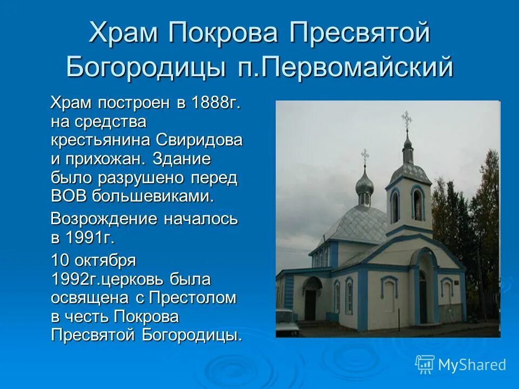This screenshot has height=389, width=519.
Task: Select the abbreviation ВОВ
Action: tap(69, 196)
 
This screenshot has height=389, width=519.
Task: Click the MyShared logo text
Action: tap(471, 365)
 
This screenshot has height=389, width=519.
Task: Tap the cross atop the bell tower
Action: tap(407, 119)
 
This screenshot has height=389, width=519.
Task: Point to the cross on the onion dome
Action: tap(365, 156)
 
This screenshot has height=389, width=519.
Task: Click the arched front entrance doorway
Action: tap(423, 294)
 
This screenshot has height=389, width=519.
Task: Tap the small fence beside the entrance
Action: tap(451, 312)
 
